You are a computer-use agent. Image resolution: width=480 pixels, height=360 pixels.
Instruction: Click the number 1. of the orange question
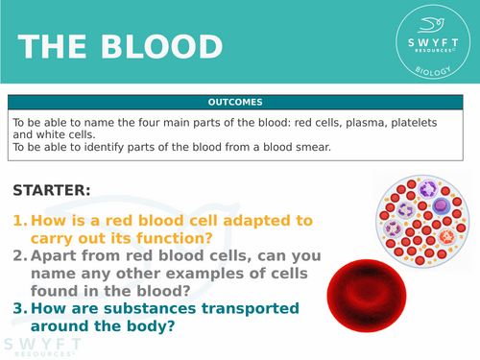pyautogui.click(x=19, y=220)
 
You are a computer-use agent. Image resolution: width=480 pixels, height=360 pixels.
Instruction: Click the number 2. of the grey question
pyautogui.click(x=19, y=256)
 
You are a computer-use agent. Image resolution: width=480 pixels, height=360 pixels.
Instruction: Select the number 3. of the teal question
pyautogui.click(x=19, y=310)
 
